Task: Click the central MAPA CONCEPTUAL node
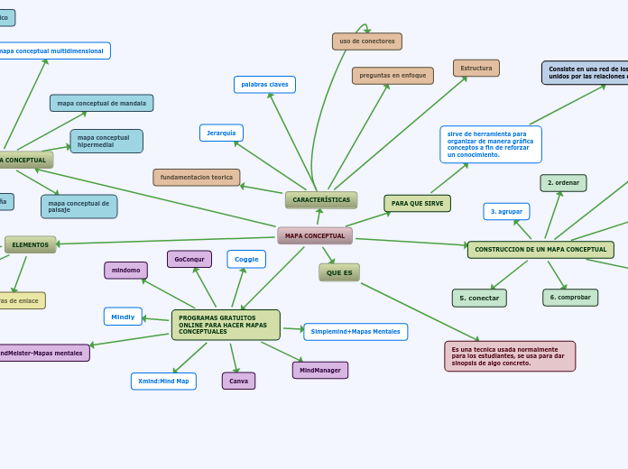(x=315, y=236)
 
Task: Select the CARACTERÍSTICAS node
(x=321, y=200)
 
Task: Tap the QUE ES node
(x=339, y=272)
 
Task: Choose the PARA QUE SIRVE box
(x=417, y=204)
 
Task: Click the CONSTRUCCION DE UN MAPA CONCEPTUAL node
(x=540, y=250)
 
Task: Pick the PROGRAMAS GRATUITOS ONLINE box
(x=226, y=325)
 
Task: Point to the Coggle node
(x=246, y=260)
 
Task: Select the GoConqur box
(x=189, y=260)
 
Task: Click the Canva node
(x=238, y=382)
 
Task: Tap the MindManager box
(x=320, y=371)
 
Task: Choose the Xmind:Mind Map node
(x=163, y=382)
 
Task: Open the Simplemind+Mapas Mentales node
(x=356, y=332)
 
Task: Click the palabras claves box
(x=264, y=85)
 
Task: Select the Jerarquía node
(x=221, y=133)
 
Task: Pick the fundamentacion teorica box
(x=197, y=178)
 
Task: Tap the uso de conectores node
(x=367, y=41)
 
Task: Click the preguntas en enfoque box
(x=392, y=76)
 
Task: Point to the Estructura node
(x=476, y=69)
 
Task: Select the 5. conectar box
(x=479, y=299)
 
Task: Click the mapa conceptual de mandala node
(x=101, y=104)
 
